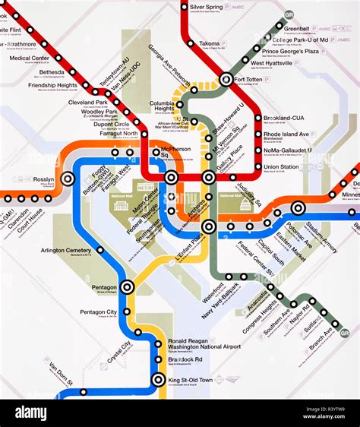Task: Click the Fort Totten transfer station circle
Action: (226, 79)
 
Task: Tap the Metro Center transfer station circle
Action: (172, 178)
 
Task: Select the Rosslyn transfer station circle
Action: (68, 179)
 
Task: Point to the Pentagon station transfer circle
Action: (127, 286)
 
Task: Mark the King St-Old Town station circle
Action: (158, 380)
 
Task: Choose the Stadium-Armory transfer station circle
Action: (298, 207)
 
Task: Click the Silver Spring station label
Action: (207, 7)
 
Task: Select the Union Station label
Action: (281, 166)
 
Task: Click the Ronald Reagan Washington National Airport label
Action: (204, 343)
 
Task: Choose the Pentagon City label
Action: (100, 312)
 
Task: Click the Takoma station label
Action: (209, 44)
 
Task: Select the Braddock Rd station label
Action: (185, 359)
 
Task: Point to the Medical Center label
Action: (30, 58)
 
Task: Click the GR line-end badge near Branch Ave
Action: (345, 333)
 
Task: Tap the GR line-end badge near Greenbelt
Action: (288, 15)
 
